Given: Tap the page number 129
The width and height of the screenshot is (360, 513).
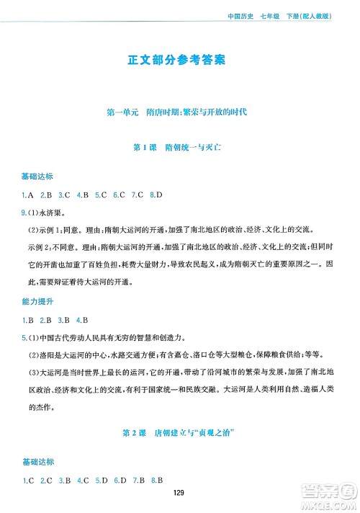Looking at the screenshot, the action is coord(180,493).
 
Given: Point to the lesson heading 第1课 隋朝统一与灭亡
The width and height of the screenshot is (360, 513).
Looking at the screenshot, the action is coord(180,147).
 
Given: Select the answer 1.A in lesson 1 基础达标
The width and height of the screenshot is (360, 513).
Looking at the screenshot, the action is coord(27,195).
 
